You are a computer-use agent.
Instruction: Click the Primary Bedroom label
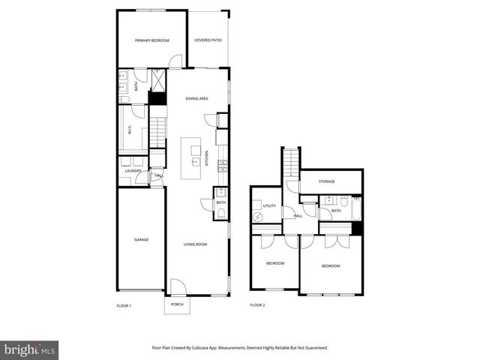point(151,40)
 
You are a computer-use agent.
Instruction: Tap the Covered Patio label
point(208,40)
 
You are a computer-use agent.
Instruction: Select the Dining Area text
point(196,98)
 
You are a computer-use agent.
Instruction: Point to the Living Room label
point(196,244)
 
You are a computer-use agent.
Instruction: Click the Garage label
point(141,240)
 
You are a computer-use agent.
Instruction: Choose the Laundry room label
point(133,171)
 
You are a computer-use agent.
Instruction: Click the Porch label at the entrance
point(177,304)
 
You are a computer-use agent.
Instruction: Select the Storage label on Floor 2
point(326,181)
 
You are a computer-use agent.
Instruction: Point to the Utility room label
point(269,205)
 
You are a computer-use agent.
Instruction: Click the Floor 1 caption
point(124,305)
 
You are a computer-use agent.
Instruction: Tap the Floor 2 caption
point(257,305)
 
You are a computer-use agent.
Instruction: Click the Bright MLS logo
point(30,349)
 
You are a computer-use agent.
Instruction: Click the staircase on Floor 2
point(291,164)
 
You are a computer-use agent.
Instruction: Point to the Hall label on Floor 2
point(298,216)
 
